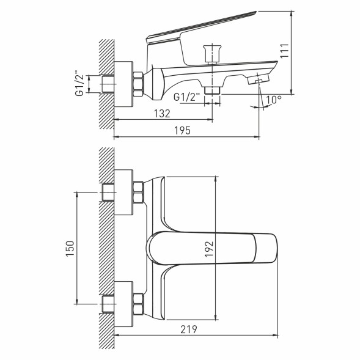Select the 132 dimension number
click(162, 114)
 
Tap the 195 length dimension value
click(182, 130)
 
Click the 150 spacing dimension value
click(70, 247)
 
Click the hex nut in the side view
click(138, 83)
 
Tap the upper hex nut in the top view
click(138, 192)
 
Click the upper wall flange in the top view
click(123, 192)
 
